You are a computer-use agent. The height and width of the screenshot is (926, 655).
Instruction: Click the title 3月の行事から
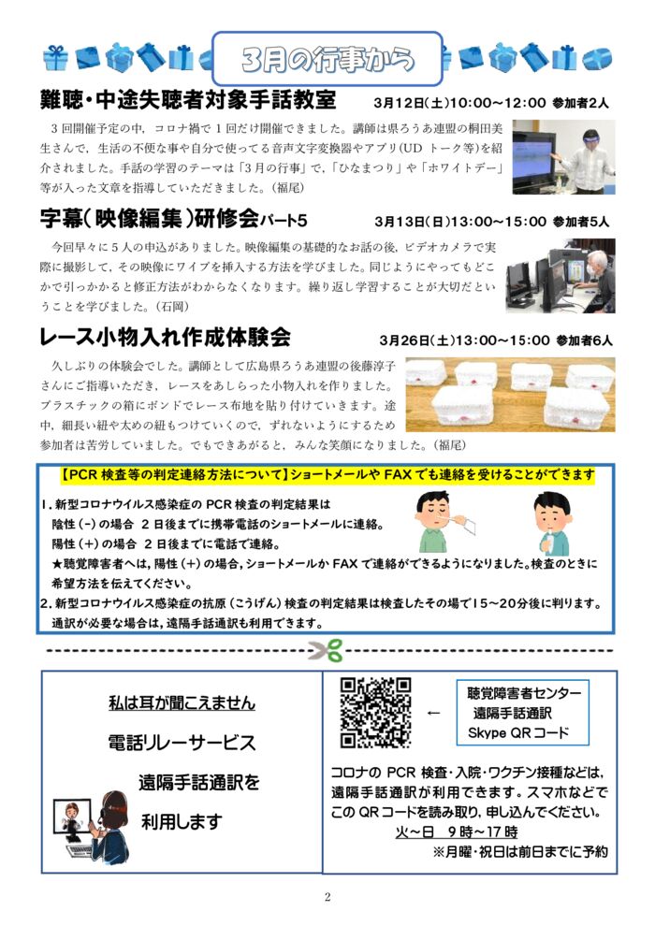(x=327, y=59)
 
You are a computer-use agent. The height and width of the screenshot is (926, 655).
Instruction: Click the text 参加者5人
(x=581, y=223)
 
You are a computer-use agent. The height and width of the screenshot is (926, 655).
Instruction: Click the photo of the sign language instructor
(x=563, y=155)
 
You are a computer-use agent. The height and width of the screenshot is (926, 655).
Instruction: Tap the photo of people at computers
(x=560, y=275)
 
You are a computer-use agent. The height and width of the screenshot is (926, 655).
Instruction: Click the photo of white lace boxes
(x=523, y=395)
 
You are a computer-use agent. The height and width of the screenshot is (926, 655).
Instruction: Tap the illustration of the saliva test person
(x=551, y=524)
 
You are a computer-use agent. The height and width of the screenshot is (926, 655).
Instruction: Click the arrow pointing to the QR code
(x=432, y=713)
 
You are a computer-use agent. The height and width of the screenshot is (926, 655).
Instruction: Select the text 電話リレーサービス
(x=182, y=743)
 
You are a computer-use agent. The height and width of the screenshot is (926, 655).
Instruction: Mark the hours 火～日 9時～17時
(x=457, y=832)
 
